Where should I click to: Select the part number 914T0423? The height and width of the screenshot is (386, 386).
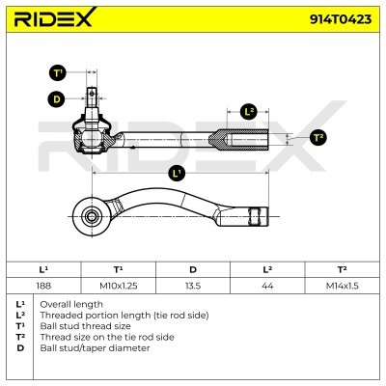(x=341, y=19)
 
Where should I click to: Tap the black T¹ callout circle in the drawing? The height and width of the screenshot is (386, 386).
(x=58, y=73)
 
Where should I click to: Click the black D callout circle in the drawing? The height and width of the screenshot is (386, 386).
(x=56, y=98)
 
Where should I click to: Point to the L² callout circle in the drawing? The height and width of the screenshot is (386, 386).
(x=249, y=112)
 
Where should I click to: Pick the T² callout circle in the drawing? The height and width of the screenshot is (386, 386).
(x=318, y=138)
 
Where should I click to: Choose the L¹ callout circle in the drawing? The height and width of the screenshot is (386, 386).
(x=177, y=174)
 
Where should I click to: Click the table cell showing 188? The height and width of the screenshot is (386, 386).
(x=43, y=286)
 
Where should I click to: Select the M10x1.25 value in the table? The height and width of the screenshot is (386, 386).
(x=119, y=286)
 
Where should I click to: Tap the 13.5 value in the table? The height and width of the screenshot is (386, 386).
(x=193, y=286)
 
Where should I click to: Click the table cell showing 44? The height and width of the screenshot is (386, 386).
(x=267, y=286)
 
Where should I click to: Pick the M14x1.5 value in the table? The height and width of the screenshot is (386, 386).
(x=343, y=286)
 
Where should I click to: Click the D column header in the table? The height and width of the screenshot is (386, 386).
(x=193, y=269)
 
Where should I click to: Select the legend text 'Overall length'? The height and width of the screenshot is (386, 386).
(x=71, y=304)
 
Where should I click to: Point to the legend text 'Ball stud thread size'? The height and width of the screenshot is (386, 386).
(x=85, y=326)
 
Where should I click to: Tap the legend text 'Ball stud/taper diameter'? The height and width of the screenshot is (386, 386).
(x=95, y=348)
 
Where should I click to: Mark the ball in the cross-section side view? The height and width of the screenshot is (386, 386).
(x=92, y=138)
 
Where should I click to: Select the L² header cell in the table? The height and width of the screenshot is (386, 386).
(x=267, y=269)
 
